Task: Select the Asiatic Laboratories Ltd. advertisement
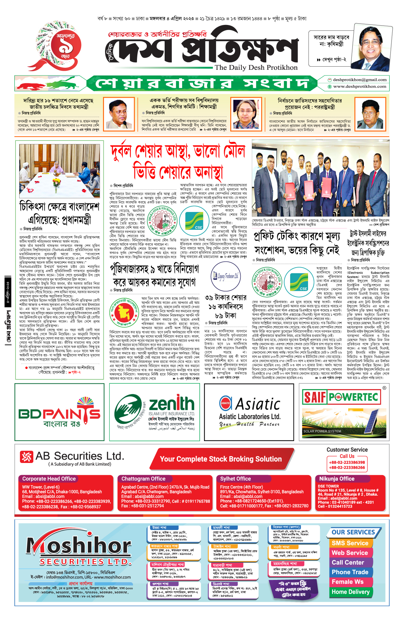[249, 412]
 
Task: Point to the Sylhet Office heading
[235, 479]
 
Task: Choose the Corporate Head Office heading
[49, 479]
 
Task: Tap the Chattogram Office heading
[143, 479]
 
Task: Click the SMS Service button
[350, 543]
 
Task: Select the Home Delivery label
[350, 592]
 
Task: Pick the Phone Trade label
[350, 572]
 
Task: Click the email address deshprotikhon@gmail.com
[360, 80]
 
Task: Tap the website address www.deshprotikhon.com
[360, 87]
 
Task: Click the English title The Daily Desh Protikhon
[256, 67]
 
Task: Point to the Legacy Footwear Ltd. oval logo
[226, 276]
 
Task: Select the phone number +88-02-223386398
[347, 462]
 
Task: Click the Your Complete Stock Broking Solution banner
[221, 459]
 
